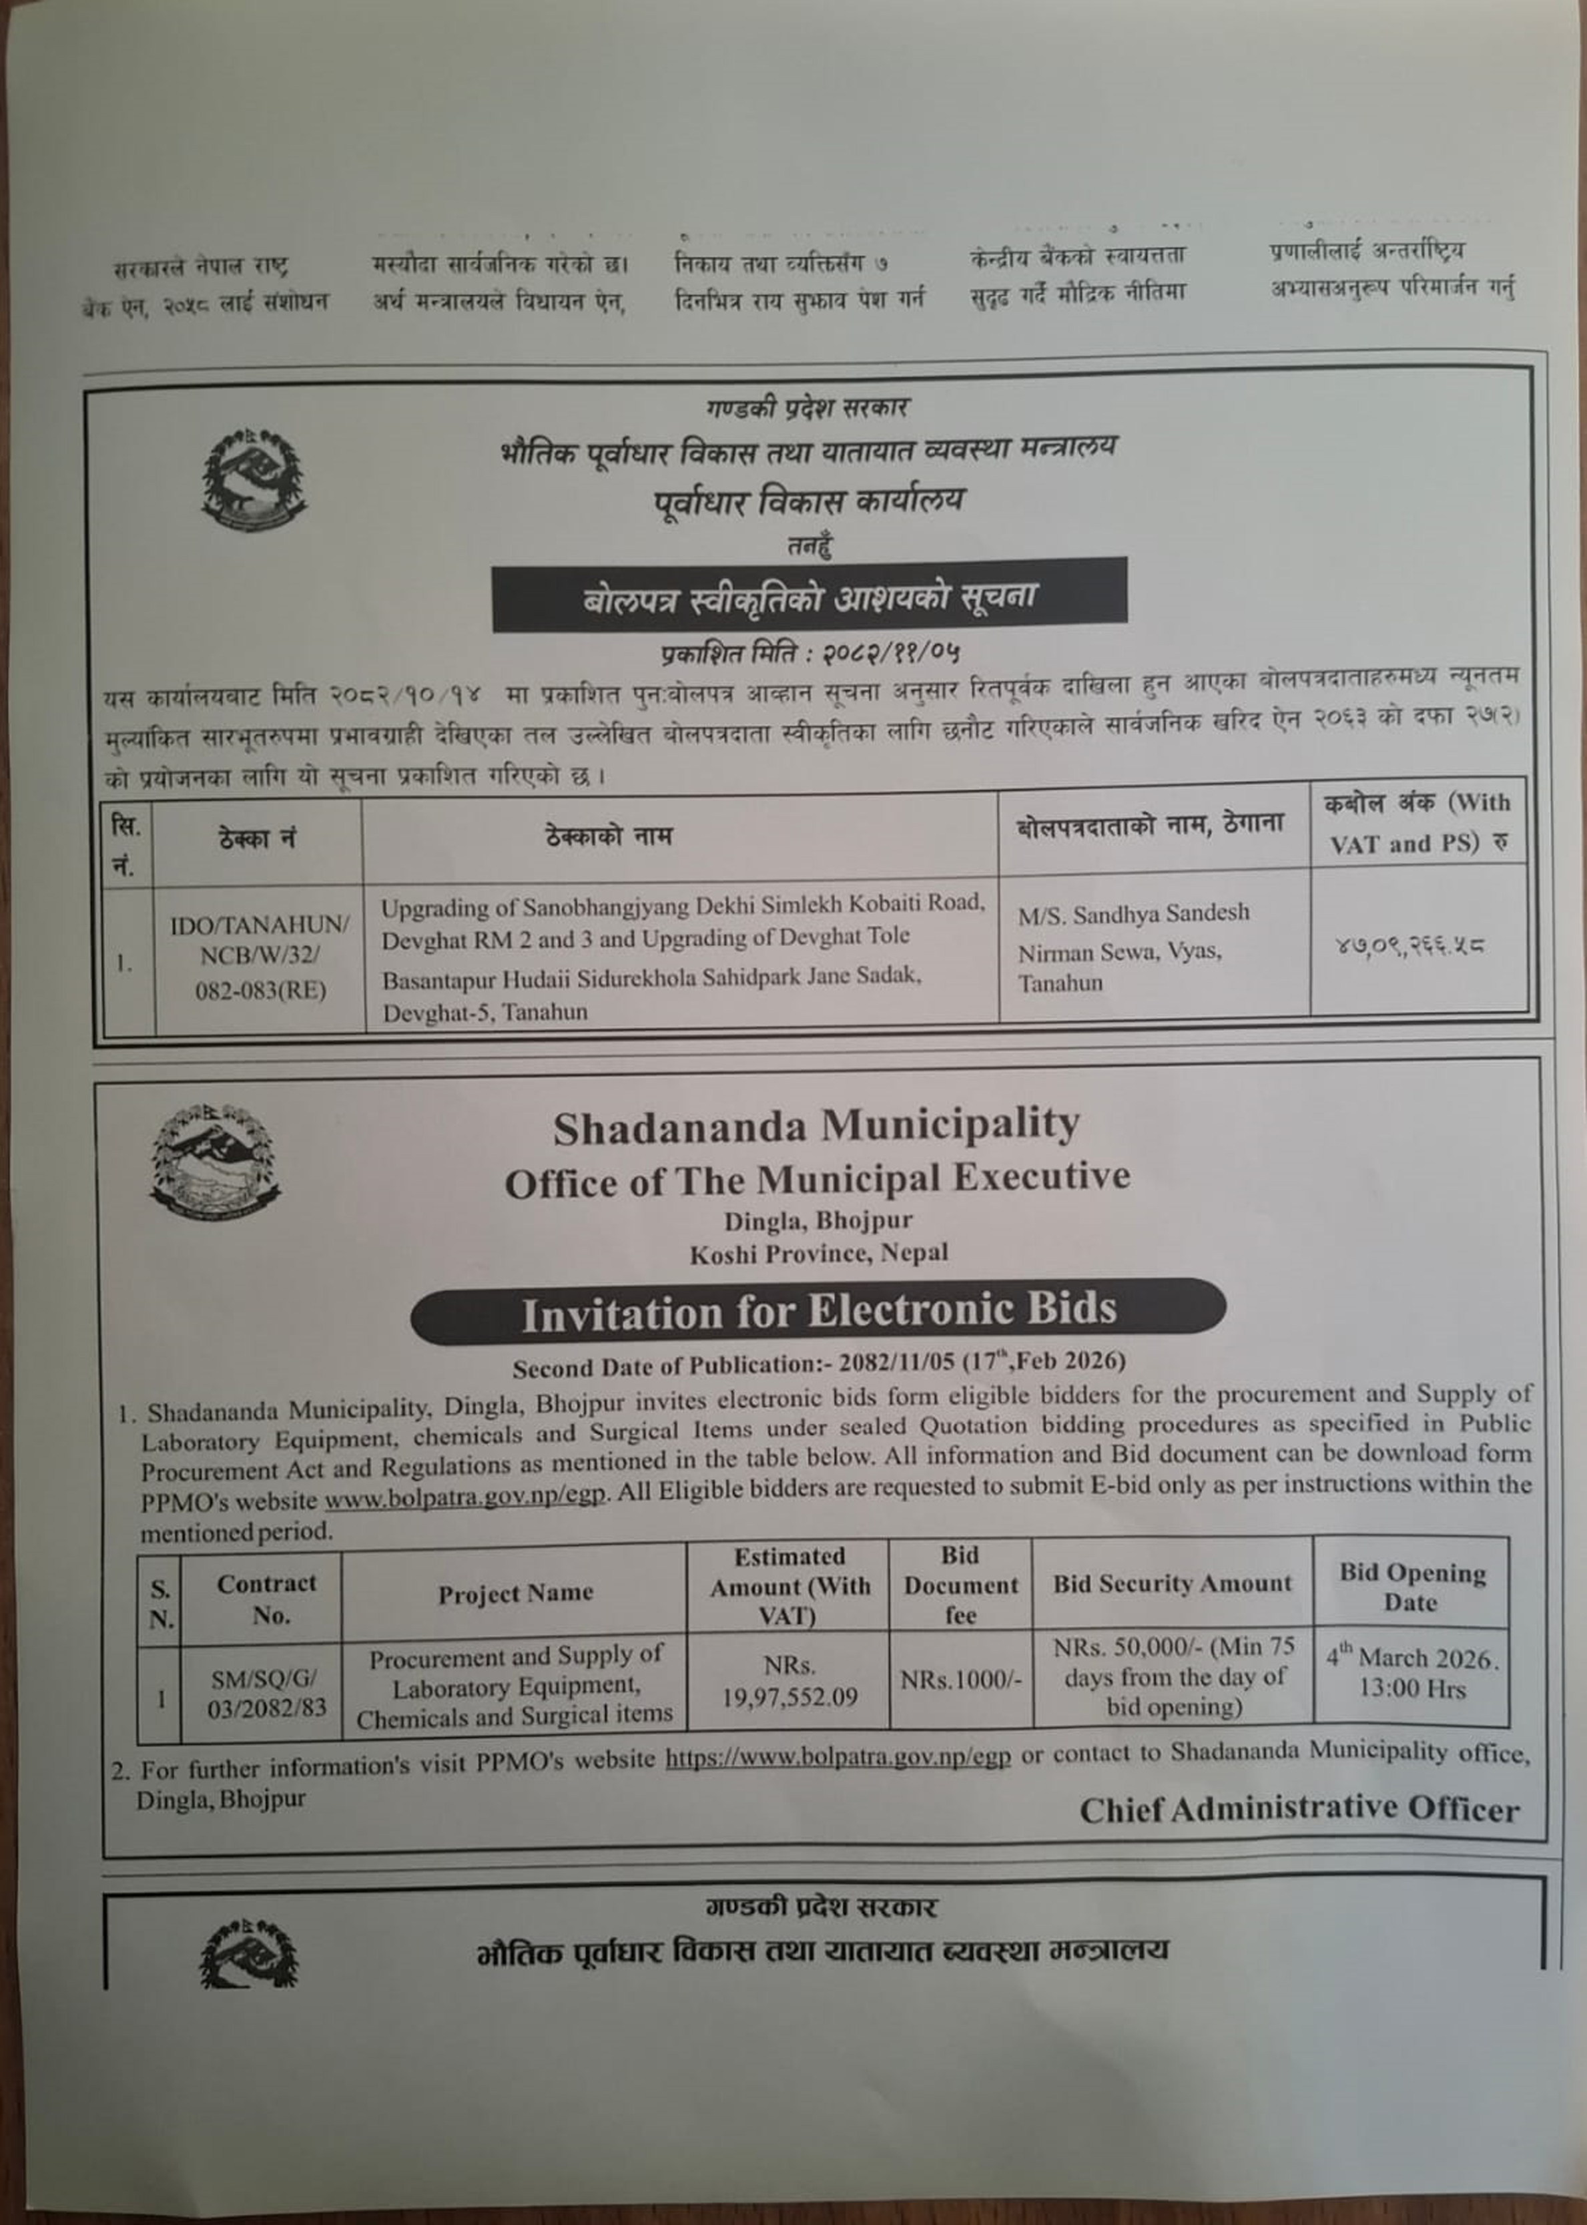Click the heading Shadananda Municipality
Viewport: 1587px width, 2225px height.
click(x=816, y=1127)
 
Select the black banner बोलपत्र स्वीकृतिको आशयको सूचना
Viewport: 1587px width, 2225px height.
click(x=809, y=594)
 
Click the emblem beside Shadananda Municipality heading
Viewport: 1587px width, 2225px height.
click(x=215, y=1162)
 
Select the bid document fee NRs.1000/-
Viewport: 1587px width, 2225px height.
click(x=960, y=1680)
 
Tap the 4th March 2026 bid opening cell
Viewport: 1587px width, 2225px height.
click(x=1411, y=1673)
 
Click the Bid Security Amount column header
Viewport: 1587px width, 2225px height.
click(x=1172, y=1583)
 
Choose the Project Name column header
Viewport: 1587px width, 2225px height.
click(x=515, y=1593)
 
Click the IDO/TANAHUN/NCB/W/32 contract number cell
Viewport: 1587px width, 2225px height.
click(x=259, y=957)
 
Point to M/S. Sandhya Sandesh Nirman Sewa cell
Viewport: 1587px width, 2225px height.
click(x=1134, y=947)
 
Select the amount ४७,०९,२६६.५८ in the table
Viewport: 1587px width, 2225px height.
click(x=1409, y=945)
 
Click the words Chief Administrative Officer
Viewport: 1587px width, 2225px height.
click(x=1299, y=1810)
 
